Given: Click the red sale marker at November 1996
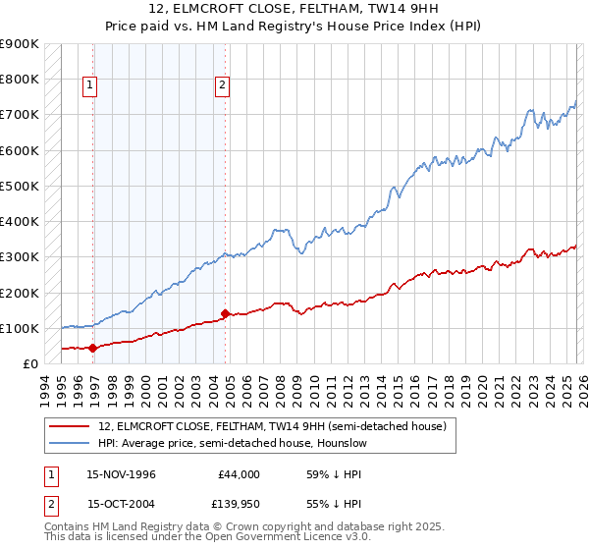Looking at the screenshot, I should point(93,348).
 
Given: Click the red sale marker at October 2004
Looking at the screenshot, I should point(225,314).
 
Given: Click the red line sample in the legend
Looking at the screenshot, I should point(70,426).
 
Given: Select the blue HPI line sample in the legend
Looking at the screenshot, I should point(70,443).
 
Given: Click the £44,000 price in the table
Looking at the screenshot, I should point(240,473).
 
